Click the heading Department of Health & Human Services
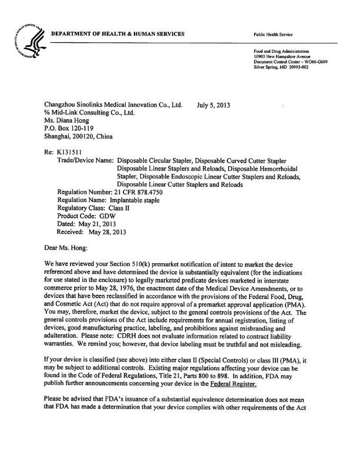tap(117, 33)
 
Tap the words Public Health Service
tap(272, 35)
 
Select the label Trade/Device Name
tap(86, 160)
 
